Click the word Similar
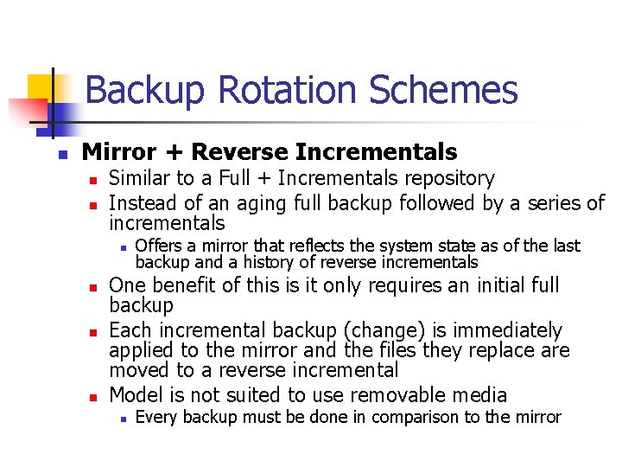(x=139, y=178)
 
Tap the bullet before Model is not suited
(x=97, y=396)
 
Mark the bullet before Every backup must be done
(x=124, y=419)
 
